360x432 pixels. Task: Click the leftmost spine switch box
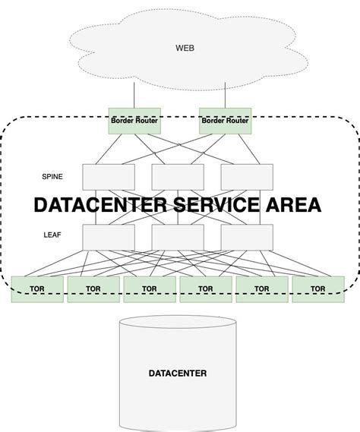[108, 176]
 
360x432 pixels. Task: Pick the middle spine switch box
[178, 176]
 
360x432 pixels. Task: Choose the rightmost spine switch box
[247, 176]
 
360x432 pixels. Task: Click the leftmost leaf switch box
[108, 236]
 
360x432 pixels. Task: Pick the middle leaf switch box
[178, 236]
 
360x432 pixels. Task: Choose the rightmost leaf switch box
[247, 236]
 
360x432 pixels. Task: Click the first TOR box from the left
[37, 289]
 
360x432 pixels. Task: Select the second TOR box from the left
[93, 289]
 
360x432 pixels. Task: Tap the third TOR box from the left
[150, 289]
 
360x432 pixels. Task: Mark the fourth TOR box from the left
[206, 289]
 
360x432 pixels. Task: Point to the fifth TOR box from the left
[262, 289]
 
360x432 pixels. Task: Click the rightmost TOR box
[318, 289]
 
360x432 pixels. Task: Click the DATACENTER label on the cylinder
[178, 374]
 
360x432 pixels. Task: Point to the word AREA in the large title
[289, 205]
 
